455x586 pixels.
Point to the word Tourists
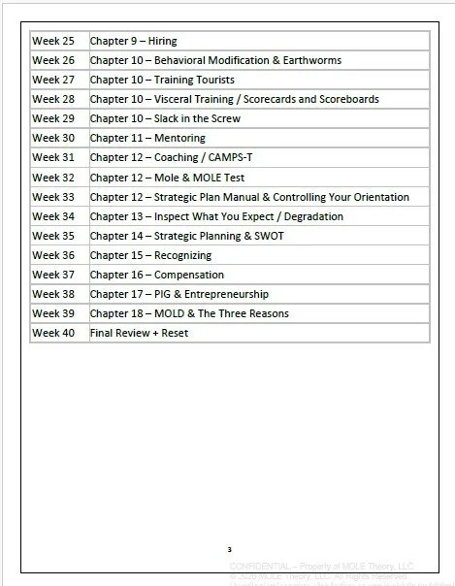pos(211,80)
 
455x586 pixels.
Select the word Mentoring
pos(179,138)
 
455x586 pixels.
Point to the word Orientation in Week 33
pos(375,197)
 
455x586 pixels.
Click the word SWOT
pos(269,236)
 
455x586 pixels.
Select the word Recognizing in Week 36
pos(181,255)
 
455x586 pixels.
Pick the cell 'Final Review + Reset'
pos(139,333)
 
